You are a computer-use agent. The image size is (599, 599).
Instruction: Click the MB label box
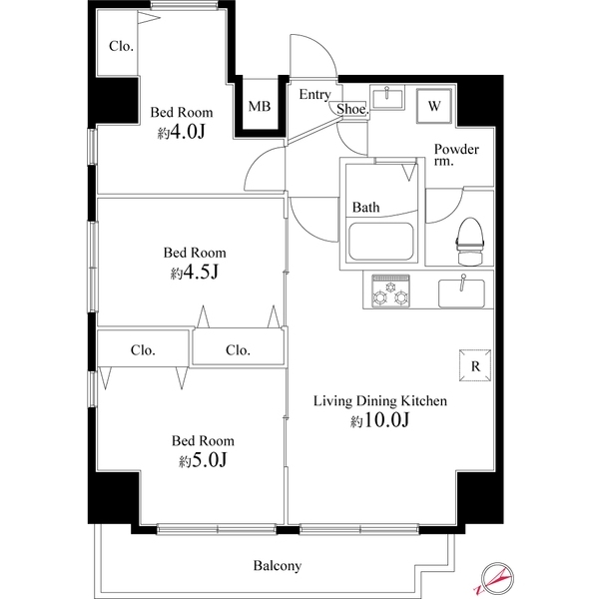[x=259, y=107]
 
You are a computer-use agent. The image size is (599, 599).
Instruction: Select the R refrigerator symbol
[x=475, y=364]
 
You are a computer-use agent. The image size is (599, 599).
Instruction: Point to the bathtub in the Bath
[x=379, y=242]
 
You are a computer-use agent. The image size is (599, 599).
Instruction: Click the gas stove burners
[x=386, y=292]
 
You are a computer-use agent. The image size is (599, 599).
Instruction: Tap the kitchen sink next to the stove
[x=461, y=293]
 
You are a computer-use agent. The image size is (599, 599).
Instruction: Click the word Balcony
[x=277, y=566]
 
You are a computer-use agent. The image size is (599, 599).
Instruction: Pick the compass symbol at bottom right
[x=496, y=577]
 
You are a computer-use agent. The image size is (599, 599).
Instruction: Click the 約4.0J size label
[x=181, y=134]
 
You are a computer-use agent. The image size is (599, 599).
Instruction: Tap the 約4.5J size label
[x=195, y=273]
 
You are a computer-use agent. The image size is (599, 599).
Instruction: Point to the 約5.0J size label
[x=203, y=460]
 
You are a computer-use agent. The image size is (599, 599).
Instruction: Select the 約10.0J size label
[x=380, y=421]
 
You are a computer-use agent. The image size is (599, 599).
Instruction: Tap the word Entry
[x=314, y=95]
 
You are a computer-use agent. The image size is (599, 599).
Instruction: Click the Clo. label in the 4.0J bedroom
[x=121, y=46]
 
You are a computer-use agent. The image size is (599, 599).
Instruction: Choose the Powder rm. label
[x=456, y=157]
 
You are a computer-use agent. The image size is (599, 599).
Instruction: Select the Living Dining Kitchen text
[x=380, y=401]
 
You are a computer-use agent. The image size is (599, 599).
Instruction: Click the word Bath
[x=365, y=208]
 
